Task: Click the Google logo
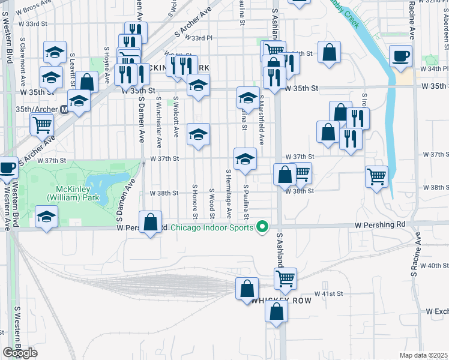(x=20, y=353)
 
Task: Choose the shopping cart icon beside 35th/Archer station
(x=43, y=124)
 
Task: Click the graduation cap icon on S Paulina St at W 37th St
(x=244, y=159)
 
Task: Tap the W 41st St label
(x=330, y=293)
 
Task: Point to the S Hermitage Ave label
(x=229, y=193)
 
